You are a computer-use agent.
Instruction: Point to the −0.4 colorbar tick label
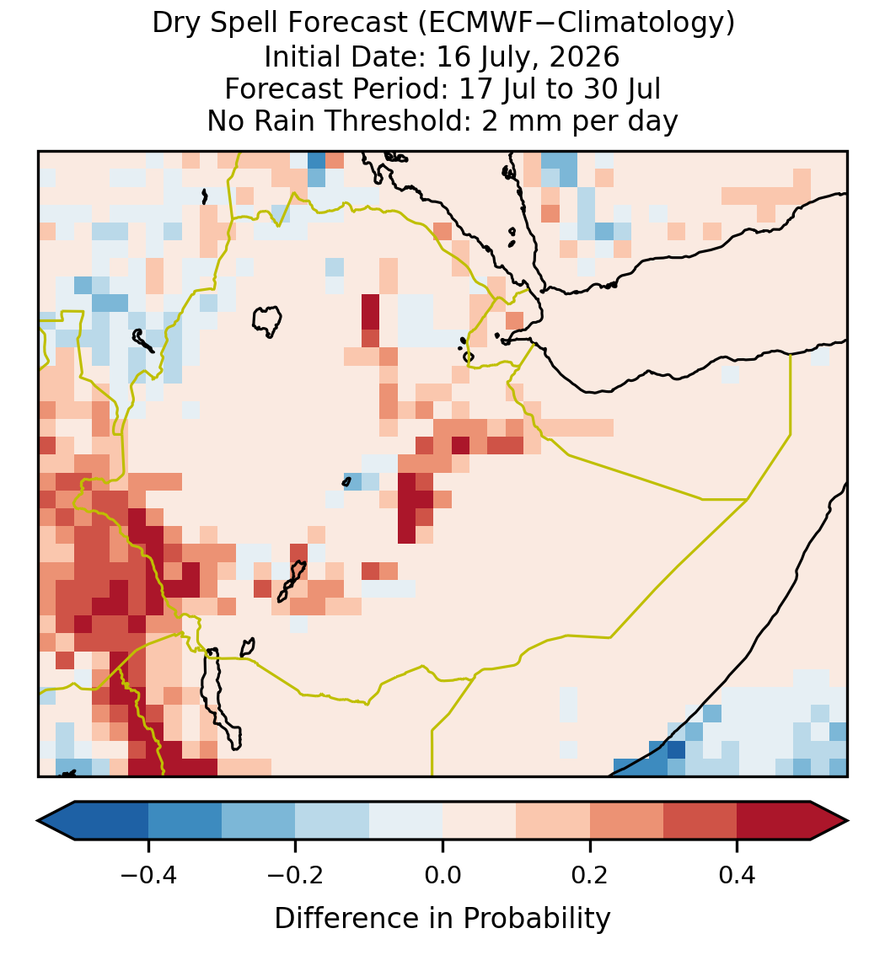click(147, 875)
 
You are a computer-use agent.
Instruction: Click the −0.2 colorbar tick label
click(295, 875)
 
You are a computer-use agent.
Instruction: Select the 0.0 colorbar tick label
click(442, 875)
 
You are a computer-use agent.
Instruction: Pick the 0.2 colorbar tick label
click(590, 875)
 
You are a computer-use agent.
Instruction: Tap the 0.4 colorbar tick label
click(737, 875)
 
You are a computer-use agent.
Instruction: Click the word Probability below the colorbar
click(537, 919)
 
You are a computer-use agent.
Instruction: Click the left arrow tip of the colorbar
click(38, 821)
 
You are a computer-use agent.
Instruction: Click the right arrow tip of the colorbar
click(848, 821)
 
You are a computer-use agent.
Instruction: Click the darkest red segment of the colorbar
click(774, 821)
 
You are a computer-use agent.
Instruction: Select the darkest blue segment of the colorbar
click(111, 821)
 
